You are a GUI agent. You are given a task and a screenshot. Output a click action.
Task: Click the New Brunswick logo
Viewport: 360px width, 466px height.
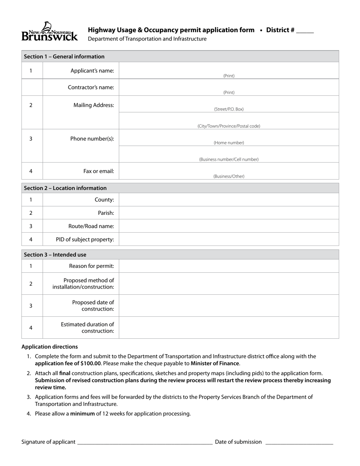(50, 32)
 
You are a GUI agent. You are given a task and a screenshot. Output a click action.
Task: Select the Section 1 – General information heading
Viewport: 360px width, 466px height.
(64, 56)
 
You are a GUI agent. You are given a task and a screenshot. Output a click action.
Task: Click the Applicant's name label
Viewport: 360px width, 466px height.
(92, 71)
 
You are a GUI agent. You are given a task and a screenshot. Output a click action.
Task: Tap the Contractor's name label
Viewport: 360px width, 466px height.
(91, 88)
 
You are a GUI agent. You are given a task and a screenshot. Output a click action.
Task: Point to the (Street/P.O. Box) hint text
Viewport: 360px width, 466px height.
(229, 109)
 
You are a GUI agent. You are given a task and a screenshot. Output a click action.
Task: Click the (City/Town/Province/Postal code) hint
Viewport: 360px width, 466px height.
(229, 126)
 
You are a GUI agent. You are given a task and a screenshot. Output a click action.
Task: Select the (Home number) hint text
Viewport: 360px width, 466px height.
(229, 143)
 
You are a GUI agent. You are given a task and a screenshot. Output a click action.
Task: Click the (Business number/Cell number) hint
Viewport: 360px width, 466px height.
(229, 160)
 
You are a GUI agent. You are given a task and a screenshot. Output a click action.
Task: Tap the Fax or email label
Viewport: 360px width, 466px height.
(99, 171)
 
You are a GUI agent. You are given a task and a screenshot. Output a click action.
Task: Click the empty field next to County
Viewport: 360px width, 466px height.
(229, 200)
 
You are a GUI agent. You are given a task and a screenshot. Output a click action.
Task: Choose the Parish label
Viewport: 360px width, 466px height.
(106, 213)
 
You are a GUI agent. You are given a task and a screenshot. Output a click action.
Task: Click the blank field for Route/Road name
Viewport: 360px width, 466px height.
(229, 226)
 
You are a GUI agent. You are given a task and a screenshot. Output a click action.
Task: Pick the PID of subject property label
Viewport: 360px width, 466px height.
(85, 239)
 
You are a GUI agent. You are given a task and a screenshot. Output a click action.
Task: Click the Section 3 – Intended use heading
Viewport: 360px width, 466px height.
(55, 255)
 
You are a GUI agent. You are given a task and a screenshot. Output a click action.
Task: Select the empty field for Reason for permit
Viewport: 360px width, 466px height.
(229, 266)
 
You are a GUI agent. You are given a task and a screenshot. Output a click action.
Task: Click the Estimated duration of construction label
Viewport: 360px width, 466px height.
(87, 328)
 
